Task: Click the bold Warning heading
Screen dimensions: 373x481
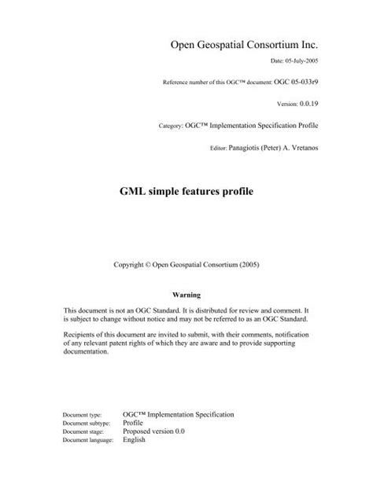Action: [x=186, y=295]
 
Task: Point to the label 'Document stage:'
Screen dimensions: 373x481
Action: [x=85, y=454]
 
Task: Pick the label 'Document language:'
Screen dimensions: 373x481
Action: [x=90, y=463]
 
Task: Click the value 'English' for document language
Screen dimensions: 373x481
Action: [x=136, y=463]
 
